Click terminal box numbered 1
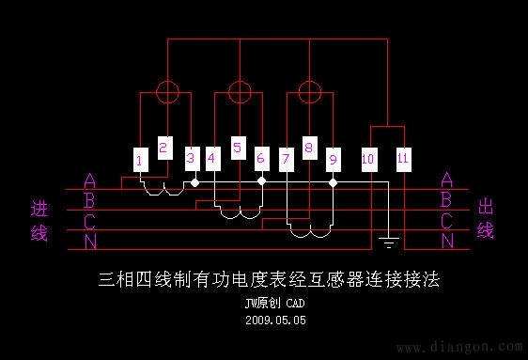pyautogui.click(x=139, y=161)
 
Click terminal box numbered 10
pyautogui.click(x=368, y=160)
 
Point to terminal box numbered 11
pyautogui.click(x=403, y=159)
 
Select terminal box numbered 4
pyautogui.click(x=212, y=159)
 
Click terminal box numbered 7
pyautogui.click(x=287, y=159)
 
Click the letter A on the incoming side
pyautogui.click(x=89, y=180)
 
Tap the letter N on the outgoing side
pyautogui.click(x=447, y=242)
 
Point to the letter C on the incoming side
pyautogui.click(x=89, y=222)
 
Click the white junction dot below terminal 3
pyautogui.click(x=194, y=183)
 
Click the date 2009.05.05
pyautogui.click(x=276, y=321)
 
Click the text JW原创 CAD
pyautogui.click(x=275, y=304)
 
